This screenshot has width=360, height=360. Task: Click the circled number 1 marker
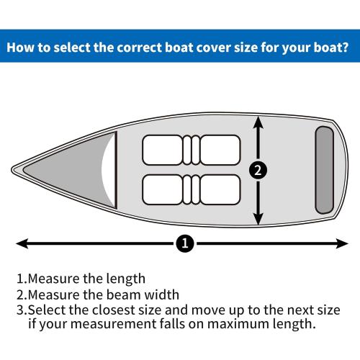(x=185, y=244)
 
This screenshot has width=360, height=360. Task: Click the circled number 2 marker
(x=259, y=171)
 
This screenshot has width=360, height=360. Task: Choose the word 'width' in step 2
(x=161, y=294)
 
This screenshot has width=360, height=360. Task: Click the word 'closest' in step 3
(x=110, y=310)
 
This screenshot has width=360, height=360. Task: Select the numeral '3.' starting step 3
(x=22, y=310)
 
